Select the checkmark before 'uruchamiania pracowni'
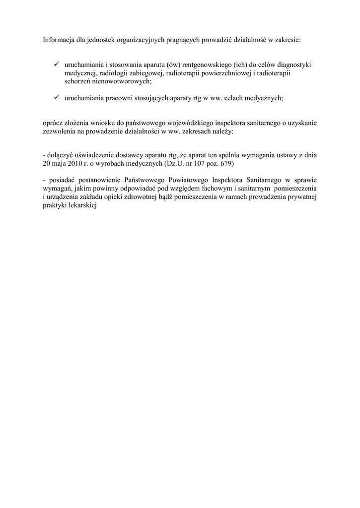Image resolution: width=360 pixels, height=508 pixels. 57,98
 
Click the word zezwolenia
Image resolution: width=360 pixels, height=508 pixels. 58,131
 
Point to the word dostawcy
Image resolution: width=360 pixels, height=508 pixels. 123,155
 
